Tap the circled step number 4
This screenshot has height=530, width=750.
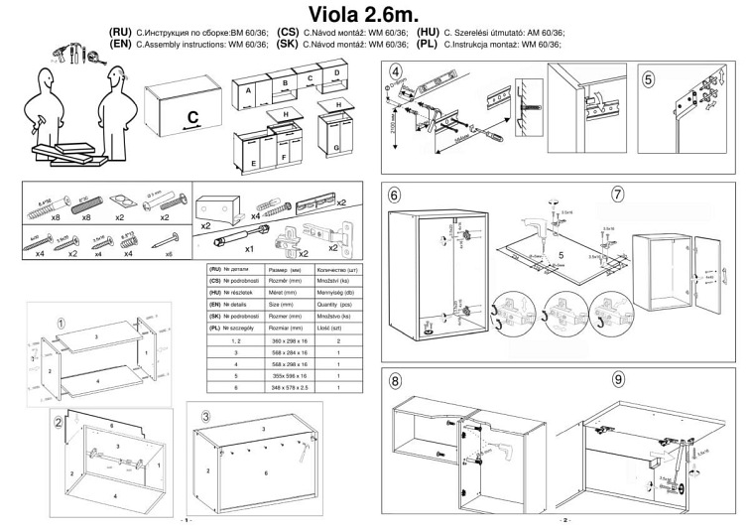point(397,72)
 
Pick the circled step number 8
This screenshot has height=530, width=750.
point(397,380)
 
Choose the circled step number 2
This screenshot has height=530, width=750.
point(60,421)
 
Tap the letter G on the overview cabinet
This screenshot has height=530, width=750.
point(338,148)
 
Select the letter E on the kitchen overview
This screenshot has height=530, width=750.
point(254,160)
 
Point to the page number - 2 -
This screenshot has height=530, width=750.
point(562,519)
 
